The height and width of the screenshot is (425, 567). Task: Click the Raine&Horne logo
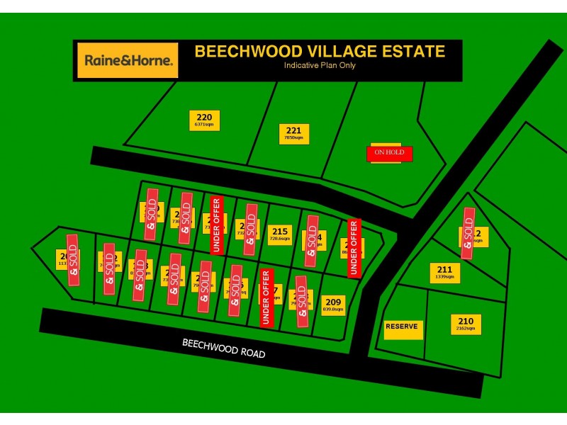(x=128, y=60)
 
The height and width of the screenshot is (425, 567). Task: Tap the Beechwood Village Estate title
(x=320, y=52)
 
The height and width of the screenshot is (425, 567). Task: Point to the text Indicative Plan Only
(x=320, y=66)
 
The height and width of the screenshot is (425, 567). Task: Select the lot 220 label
(x=204, y=120)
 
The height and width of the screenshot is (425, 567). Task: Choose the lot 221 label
(x=293, y=133)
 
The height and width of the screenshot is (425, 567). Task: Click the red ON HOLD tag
(x=389, y=153)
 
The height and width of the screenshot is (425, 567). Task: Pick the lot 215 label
(x=280, y=234)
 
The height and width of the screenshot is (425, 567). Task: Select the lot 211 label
(x=444, y=273)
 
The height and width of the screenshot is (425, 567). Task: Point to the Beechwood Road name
(x=224, y=348)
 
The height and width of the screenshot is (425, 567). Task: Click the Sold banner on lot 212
(x=468, y=233)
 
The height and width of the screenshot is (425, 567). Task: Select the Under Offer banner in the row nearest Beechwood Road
(x=266, y=297)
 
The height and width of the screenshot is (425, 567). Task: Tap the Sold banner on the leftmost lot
(x=73, y=260)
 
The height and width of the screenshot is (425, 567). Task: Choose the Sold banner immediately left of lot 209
(x=302, y=302)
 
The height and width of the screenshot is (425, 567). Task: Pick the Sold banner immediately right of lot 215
(x=311, y=241)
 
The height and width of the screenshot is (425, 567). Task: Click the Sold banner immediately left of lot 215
(x=250, y=229)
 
